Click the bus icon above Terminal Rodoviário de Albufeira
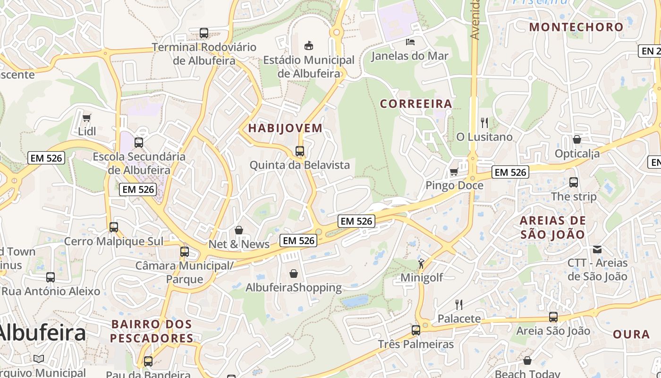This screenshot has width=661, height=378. click(204, 33)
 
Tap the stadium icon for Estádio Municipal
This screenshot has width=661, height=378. click(309, 45)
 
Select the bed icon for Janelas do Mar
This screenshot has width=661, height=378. click(410, 42)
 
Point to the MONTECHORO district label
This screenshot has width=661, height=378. click(576, 27)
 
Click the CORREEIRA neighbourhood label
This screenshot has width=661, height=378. click(416, 103)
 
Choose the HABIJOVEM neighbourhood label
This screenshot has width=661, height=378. click(285, 128)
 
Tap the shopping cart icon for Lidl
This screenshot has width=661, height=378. click(86, 118)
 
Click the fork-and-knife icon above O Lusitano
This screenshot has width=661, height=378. click(484, 123)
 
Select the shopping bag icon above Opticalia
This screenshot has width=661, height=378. click(576, 139)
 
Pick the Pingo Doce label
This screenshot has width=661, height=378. click(454, 185)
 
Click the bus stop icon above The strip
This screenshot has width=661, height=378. click(574, 182)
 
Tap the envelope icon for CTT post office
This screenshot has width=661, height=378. click(597, 249)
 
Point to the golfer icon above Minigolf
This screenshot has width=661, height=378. click(421, 264)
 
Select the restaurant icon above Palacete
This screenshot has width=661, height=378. click(458, 304)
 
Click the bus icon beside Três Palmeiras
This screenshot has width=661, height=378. click(415, 330)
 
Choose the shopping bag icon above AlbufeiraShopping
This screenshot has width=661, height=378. click(294, 274)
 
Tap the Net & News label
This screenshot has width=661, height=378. click(239, 244)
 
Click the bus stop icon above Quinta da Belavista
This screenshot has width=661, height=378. click(300, 151)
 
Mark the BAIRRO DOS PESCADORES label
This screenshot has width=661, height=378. click(152, 331)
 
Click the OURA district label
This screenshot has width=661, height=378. click(631, 334)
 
